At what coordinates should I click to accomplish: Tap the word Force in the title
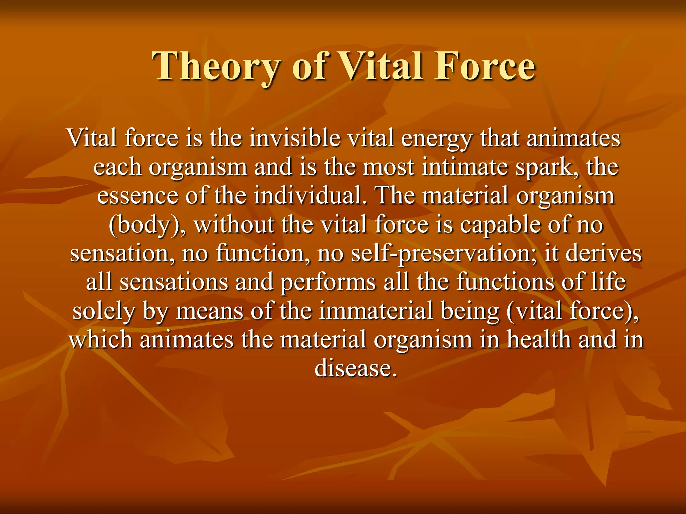coord(485,66)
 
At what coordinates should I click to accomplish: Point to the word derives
coord(603,253)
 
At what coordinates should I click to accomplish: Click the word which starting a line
coord(101,340)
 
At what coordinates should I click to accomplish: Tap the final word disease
coord(355,369)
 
